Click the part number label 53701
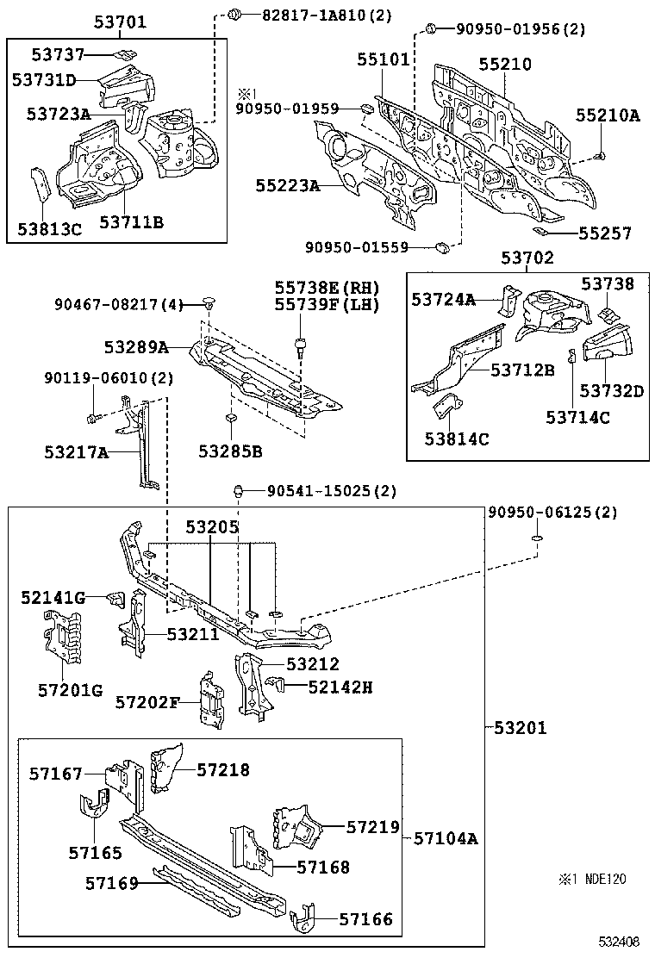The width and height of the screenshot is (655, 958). tap(120, 22)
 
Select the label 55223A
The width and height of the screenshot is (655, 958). tap(287, 185)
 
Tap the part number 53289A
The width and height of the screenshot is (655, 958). tap(136, 347)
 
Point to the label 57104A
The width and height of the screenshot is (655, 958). tap(445, 837)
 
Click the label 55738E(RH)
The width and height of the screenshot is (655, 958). tap(327, 287)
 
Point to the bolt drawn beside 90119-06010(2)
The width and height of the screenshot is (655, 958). tap(92, 419)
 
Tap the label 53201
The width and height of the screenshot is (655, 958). tap(521, 728)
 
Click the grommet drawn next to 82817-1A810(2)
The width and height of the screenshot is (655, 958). tap(233, 14)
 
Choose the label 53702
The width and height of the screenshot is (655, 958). tap(527, 257)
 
